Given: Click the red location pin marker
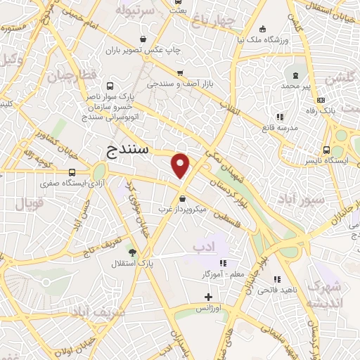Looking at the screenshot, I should click(x=181, y=165).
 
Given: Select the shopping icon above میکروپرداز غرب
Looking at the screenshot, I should click(x=183, y=198).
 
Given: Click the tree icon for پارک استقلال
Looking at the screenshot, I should click(x=131, y=251).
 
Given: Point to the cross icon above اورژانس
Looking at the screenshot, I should click(x=207, y=297).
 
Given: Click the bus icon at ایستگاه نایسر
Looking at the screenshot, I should click(x=326, y=150).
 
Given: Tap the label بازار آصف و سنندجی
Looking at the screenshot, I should click(x=180, y=84).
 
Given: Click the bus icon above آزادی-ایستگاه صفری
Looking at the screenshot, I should click(x=72, y=172).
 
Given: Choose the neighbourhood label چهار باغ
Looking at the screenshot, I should click(x=214, y=20).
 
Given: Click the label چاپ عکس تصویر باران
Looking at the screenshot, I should click(x=143, y=51).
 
